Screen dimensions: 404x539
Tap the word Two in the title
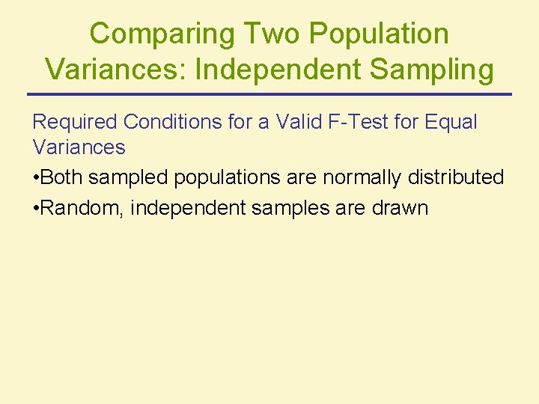pyautogui.click(x=269, y=34)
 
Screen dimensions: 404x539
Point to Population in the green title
pyautogui.click(x=378, y=34)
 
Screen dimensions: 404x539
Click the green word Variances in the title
pyautogui.click(x=116, y=70)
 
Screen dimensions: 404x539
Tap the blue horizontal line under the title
pyautogui.click(x=269, y=94)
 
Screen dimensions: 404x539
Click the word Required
pyautogui.click(x=76, y=122)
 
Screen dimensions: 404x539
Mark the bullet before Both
pyautogui.click(x=36, y=178)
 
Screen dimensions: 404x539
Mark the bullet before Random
pyautogui.click(x=36, y=208)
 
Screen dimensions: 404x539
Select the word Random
pyautogui.click(x=82, y=208)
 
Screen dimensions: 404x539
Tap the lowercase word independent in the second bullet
pyautogui.click(x=188, y=208)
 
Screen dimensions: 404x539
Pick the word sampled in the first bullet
pyautogui.click(x=121, y=178)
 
